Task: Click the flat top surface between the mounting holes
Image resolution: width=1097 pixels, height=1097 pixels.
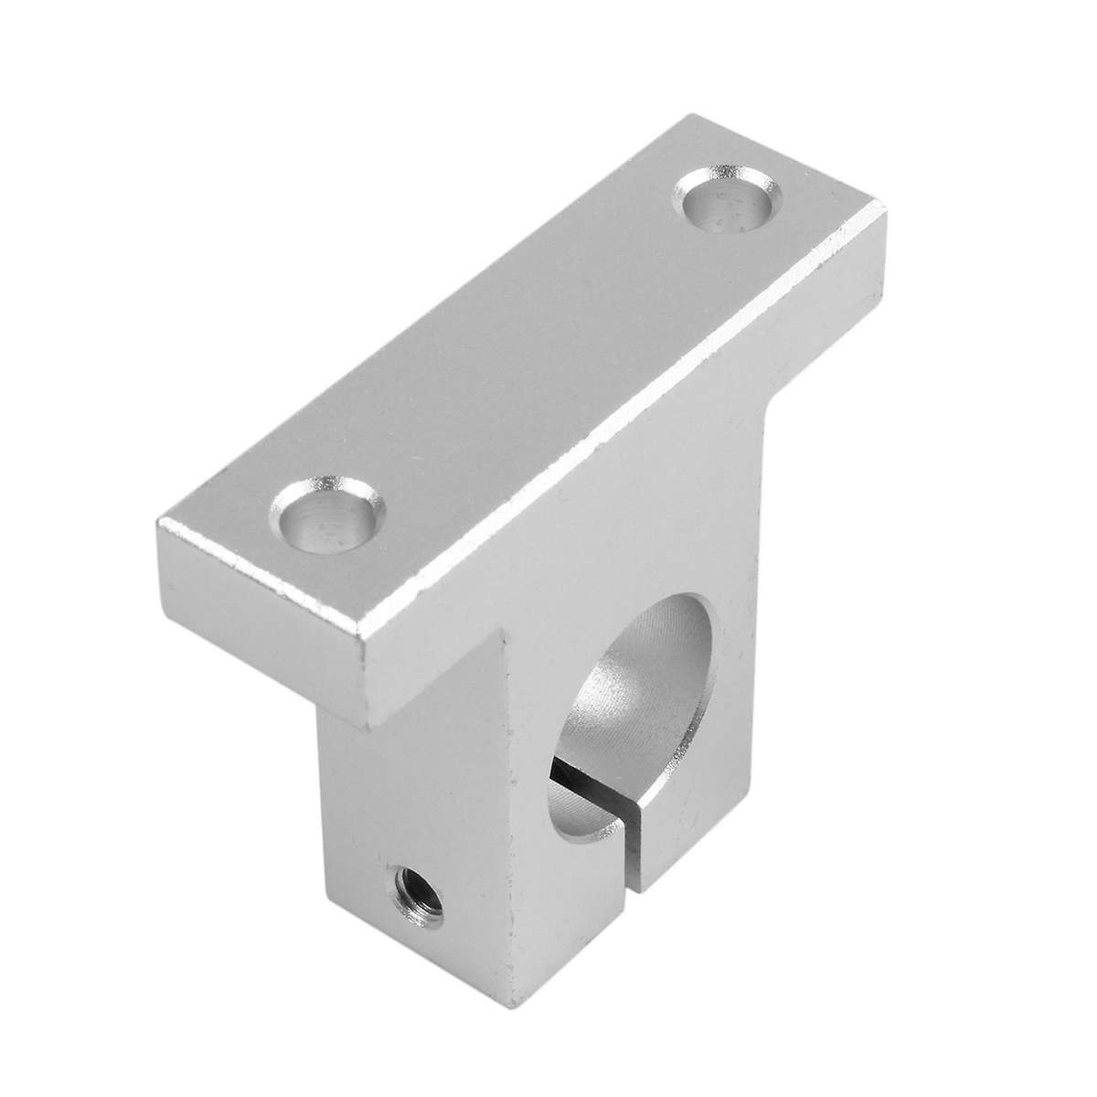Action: tap(521, 357)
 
